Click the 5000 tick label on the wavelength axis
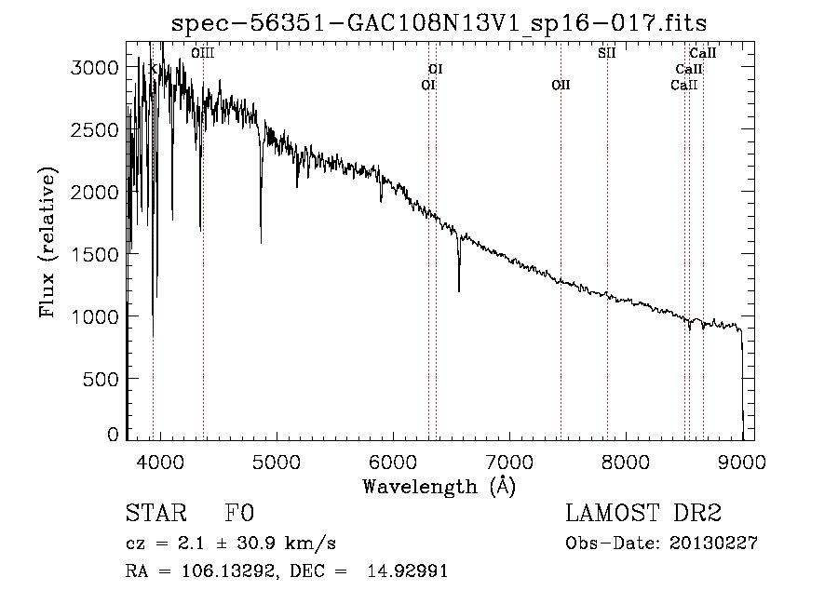point(276,460)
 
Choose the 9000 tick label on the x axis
point(742,460)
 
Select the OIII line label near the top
point(202,54)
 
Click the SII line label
point(606,53)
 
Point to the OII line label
point(561,85)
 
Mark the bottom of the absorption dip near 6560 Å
point(459,290)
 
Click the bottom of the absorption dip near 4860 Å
point(261,242)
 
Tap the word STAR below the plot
point(151,514)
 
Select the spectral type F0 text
point(239,514)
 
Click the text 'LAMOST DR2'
point(642,514)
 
